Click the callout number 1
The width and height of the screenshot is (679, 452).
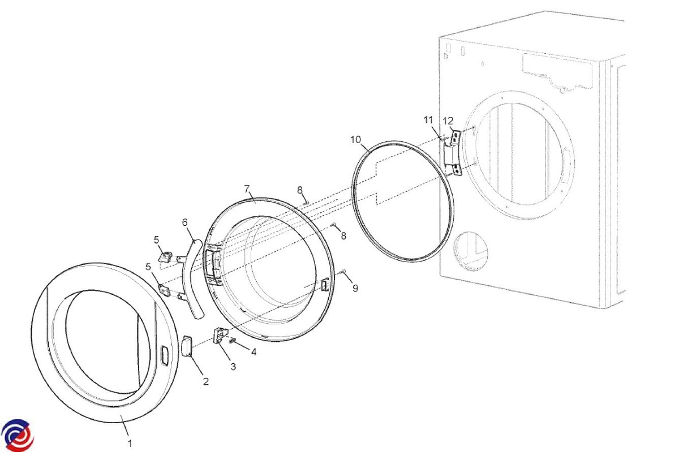130,444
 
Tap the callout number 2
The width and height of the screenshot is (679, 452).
206,381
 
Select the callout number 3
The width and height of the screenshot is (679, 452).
233,367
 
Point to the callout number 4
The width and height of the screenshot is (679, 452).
253,352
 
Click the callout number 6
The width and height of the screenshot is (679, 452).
185,223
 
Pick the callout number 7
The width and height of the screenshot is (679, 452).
247,189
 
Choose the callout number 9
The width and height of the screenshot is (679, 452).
355,288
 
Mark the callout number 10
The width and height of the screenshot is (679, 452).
356,140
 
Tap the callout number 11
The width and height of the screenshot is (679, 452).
428,120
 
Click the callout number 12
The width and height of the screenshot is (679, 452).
448,121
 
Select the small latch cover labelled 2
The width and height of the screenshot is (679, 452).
186,345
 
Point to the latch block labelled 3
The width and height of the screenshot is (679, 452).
220,335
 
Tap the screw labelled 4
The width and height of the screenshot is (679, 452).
233,341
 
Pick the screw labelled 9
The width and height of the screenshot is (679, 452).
342,271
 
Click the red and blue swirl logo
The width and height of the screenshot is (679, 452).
18,436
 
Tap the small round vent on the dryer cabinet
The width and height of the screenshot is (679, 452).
470,251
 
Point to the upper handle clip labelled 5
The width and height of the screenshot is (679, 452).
165,257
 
